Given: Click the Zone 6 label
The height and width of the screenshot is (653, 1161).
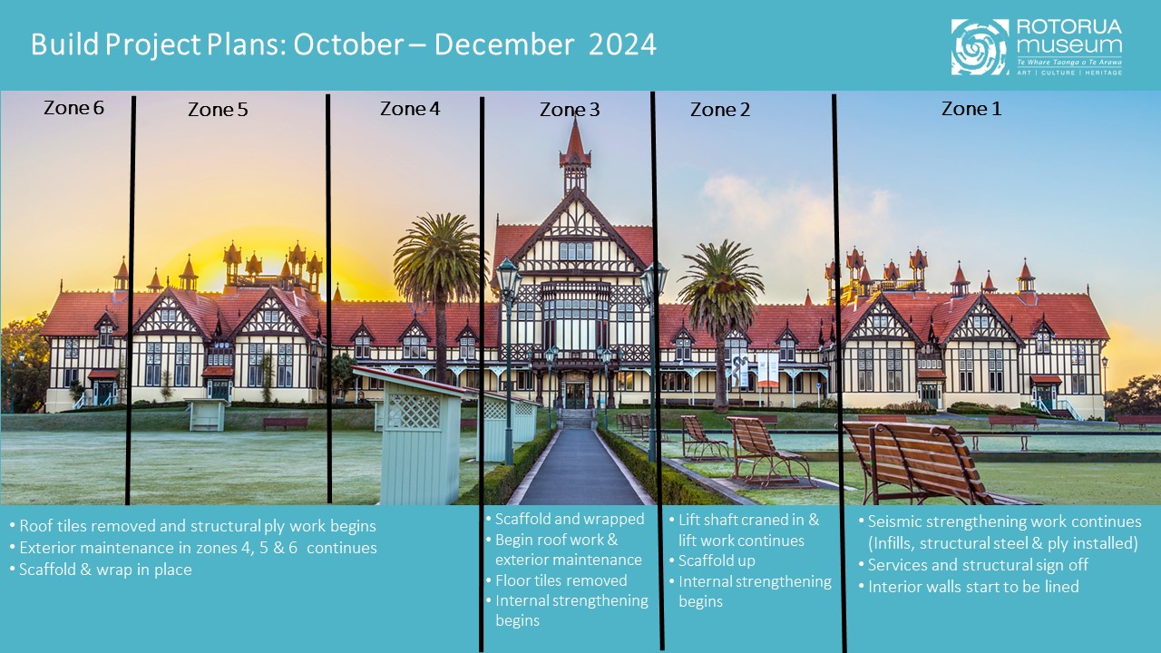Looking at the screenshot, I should (73, 108).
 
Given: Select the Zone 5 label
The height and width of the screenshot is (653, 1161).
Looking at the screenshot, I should (218, 110).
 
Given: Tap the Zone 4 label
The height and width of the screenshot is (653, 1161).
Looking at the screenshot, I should (410, 109).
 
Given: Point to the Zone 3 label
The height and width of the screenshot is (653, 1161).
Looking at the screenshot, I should (570, 110).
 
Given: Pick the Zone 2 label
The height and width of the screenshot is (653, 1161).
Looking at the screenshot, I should (720, 110).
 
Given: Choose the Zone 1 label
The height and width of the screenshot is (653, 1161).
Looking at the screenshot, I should (971, 109).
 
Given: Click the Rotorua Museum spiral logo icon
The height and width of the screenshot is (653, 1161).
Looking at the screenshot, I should (980, 47).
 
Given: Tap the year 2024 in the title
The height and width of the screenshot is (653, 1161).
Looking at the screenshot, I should (622, 44).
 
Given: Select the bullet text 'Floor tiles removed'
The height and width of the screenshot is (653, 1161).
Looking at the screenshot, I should (561, 580).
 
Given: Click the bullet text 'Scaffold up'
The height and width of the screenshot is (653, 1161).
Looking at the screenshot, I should (717, 560).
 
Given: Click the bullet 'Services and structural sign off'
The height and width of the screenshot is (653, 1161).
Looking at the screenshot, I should (977, 565).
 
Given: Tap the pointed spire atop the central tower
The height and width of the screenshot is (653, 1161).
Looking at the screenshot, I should (575, 141).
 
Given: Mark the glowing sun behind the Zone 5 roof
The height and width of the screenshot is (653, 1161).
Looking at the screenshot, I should (218, 263).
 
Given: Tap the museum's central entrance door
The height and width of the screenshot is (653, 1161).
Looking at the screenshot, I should (575, 395).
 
